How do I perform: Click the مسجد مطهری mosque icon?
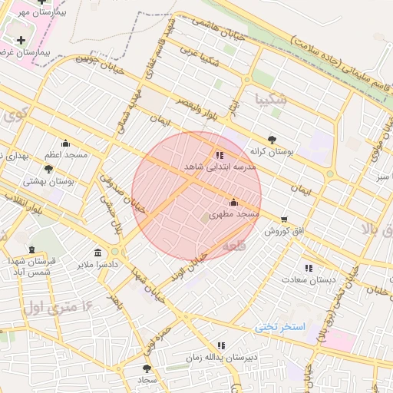tap(233, 203)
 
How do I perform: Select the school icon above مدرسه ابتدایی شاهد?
tap(220, 155)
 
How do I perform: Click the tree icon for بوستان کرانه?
tap(272, 140)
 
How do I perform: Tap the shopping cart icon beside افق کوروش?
tap(285, 220)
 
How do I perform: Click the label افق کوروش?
tap(286, 231)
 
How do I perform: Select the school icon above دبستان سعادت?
tap(309, 268)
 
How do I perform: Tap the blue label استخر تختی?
tap(280, 327)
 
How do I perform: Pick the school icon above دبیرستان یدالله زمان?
tap(221, 346)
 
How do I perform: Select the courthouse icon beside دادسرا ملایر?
tap(97, 253)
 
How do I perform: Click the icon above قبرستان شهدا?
tap(31, 250)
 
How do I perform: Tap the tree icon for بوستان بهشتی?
tap(49, 168)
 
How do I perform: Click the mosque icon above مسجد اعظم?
tap(65, 143)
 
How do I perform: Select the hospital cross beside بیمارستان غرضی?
tap(21, 39)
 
